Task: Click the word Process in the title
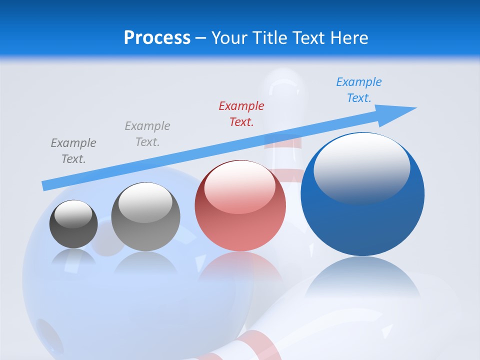click(157, 38)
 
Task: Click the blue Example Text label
click(359, 90)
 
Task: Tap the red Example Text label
click(241, 113)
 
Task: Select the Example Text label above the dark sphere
click(73, 150)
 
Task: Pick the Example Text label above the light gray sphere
click(147, 133)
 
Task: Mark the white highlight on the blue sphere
click(361, 167)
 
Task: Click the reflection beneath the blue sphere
click(362, 280)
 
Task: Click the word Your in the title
click(230, 38)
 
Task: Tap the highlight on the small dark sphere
click(73, 214)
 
